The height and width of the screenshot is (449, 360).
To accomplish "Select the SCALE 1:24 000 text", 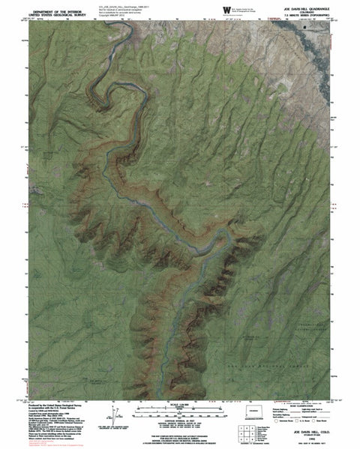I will coord(179,404).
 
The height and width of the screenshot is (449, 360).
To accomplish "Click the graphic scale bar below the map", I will coord(179,410).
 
